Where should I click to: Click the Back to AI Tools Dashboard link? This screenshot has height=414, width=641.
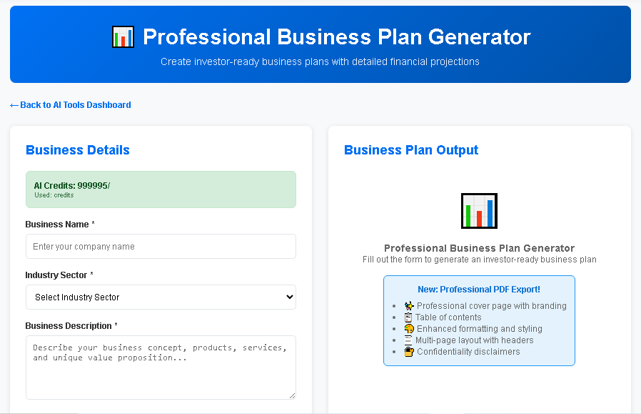[71, 105]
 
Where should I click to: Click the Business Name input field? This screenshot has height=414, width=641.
[161, 247]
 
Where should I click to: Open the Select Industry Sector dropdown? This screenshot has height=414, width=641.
[161, 297]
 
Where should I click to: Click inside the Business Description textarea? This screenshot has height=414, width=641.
[161, 368]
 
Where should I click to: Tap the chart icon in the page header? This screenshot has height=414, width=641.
[123, 37]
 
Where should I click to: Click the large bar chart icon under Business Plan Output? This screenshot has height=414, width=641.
[479, 211]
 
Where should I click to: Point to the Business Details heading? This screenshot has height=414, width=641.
[78, 150]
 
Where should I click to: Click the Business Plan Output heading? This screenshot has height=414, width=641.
[411, 150]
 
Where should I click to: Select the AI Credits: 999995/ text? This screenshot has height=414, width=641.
[72, 186]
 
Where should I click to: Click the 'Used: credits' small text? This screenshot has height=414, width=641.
[54, 195]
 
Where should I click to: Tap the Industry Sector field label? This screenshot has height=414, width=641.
[56, 275]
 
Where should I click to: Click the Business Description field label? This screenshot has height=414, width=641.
[68, 326]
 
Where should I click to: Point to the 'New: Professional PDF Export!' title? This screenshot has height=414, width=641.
[479, 290]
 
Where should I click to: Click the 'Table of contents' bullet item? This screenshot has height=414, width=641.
[448, 317]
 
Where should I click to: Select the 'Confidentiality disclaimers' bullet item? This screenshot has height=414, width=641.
[468, 352]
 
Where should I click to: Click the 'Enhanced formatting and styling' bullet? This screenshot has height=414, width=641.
[479, 329]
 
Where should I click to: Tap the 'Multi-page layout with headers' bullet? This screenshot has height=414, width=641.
[474, 340]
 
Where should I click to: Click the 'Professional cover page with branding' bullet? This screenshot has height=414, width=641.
[491, 306]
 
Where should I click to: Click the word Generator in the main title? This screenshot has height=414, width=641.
[475, 37]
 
